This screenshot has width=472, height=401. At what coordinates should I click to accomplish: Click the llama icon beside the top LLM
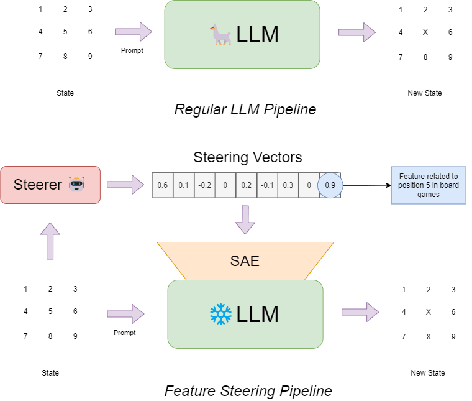click(x=220, y=35)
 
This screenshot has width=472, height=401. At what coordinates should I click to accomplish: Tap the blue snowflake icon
click(x=220, y=314)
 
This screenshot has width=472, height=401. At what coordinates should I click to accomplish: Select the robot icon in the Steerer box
click(x=76, y=184)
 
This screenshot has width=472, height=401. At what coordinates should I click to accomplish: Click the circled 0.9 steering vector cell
click(x=330, y=185)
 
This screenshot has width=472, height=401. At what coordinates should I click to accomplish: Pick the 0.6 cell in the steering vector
click(x=163, y=185)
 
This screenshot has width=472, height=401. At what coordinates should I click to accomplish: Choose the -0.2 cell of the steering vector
click(x=205, y=185)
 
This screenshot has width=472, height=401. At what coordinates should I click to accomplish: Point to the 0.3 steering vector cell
click(x=288, y=185)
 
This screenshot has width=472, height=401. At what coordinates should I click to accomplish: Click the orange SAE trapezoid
click(x=245, y=261)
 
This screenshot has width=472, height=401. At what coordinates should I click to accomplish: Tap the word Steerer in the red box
click(x=38, y=185)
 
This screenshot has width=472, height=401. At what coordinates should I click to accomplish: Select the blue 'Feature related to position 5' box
click(x=429, y=185)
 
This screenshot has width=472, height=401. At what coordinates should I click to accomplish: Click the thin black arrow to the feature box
click(x=367, y=185)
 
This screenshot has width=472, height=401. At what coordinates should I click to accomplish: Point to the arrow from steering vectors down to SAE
click(x=245, y=220)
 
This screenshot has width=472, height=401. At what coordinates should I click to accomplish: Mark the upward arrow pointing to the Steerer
click(x=50, y=241)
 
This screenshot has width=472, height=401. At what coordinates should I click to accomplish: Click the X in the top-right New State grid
click(x=425, y=32)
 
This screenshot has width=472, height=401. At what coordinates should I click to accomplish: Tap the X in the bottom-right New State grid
click(x=429, y=312)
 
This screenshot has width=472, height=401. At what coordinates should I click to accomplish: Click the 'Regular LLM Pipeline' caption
click(x=245, y=109)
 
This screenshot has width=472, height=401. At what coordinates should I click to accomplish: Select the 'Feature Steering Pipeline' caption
click(x=248, y=391)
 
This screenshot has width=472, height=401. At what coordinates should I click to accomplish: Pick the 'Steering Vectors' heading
click(x=248, y=157)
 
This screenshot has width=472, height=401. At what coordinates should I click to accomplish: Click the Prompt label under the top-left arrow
click(x=132, y=50)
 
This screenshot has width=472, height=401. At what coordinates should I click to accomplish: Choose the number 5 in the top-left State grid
click(x=65, y=32)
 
